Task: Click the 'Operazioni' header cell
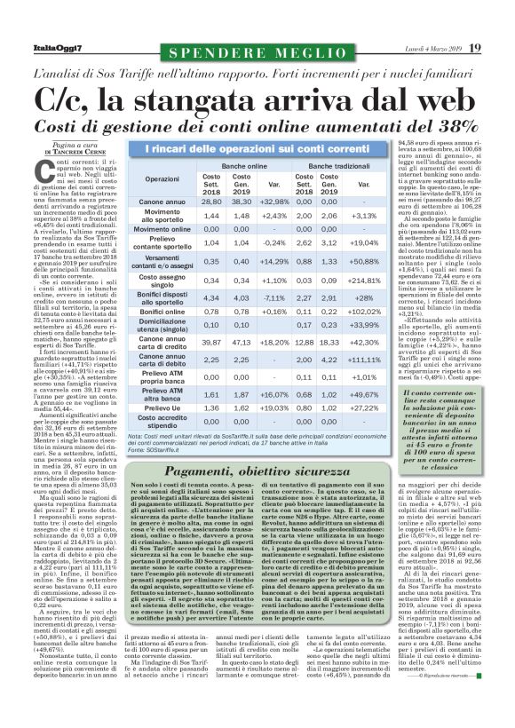(162, 179)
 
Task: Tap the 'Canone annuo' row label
(162, 202)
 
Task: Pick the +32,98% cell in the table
(274, 202)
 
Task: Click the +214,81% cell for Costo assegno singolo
(366, 281)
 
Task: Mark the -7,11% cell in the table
(274, 298)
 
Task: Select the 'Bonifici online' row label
(162, 313)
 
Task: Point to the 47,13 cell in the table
(242, 343)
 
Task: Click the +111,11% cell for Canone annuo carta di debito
(366, 360)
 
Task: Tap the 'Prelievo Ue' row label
(162, 408)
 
